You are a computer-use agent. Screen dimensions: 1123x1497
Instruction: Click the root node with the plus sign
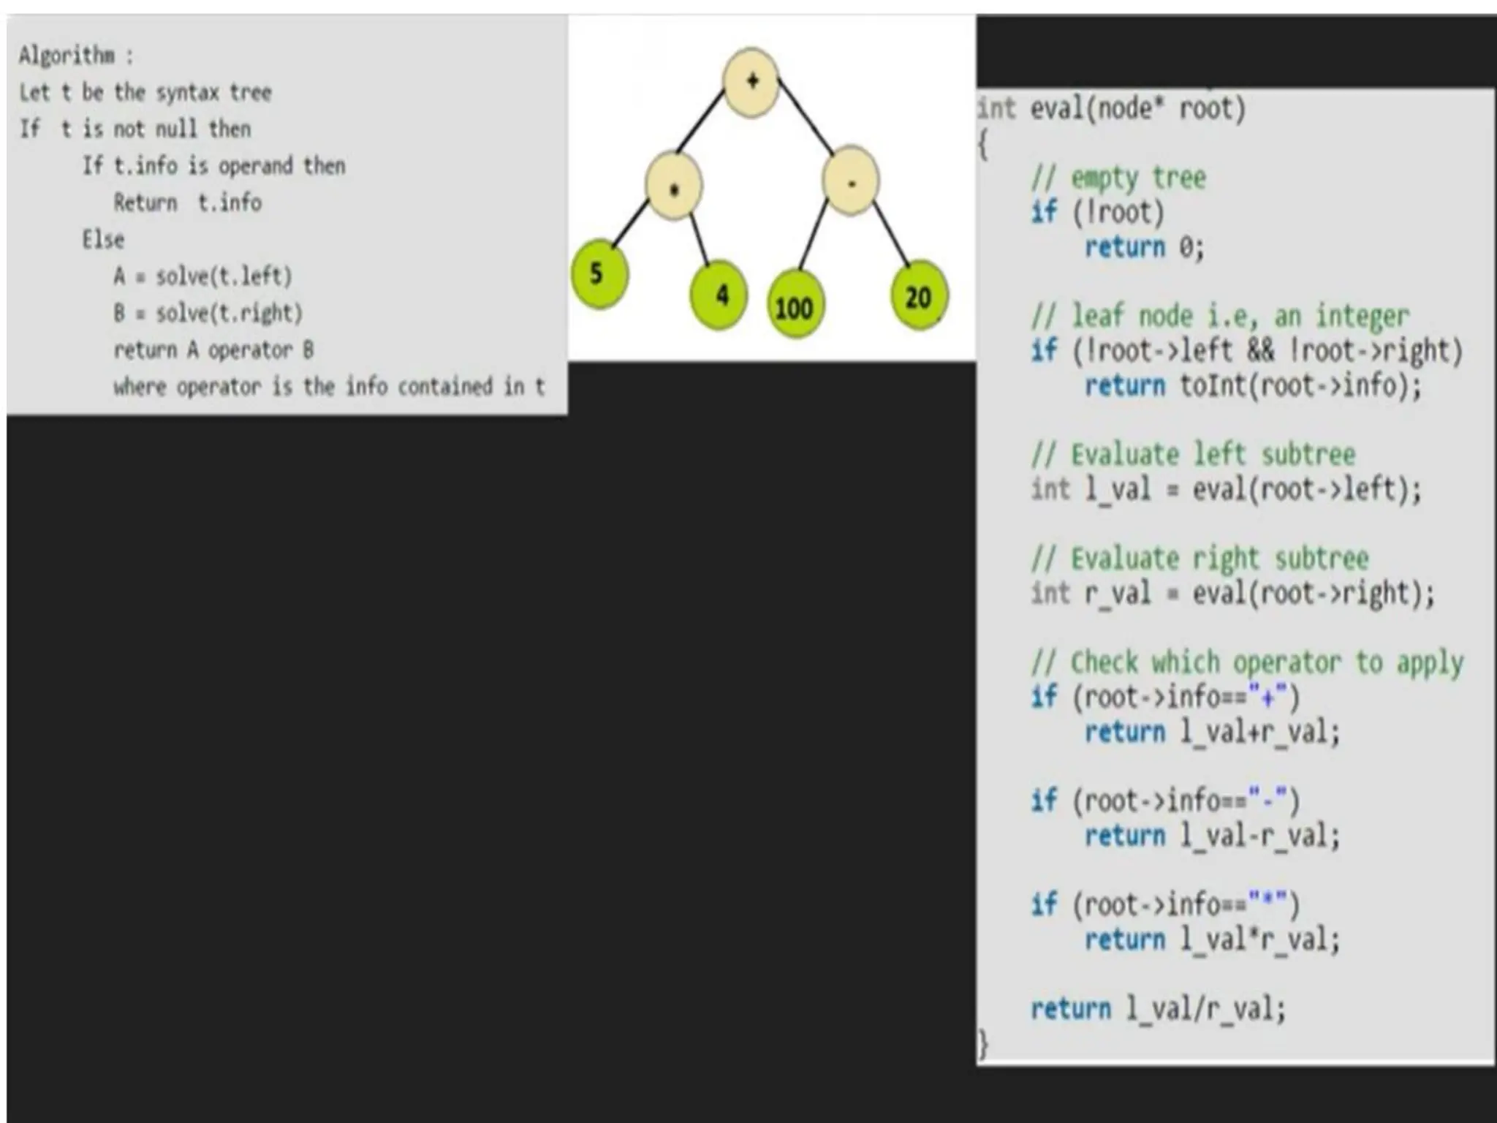coord(751,82)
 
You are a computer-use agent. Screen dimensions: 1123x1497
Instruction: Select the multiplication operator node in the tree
coord(674,188)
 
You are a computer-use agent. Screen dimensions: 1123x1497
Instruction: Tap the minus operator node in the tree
coord(850,181)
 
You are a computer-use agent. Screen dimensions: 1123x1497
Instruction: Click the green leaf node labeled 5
coord(599,274)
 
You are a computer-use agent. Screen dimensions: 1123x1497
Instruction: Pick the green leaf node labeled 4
coord(720,295)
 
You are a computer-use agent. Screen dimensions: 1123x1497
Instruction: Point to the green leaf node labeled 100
coord(794,306)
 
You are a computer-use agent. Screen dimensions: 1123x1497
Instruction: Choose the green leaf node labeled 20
coord(919,296)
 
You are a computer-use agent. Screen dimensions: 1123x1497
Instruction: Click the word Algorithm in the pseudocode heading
coord(67,55)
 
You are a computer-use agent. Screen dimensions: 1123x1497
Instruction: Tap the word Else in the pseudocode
coord(103,239)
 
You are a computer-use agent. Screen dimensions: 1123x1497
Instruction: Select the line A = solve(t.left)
coord(202,276)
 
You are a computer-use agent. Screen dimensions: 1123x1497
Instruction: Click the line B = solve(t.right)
coord(208,313)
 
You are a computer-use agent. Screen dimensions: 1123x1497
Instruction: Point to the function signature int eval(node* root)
coord(1111,109)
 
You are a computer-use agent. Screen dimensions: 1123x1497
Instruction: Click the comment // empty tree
coord(1118,178)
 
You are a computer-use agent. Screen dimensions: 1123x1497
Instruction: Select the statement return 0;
coord(1144,247)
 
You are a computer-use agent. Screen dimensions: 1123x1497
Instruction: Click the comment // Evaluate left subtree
coord(1193,454)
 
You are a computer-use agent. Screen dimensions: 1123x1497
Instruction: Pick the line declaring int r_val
coord(1232,593)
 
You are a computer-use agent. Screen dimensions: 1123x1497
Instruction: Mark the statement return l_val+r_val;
coord(1212,732)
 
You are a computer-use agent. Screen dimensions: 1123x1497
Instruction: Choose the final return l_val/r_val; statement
coord(1158,1009)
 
